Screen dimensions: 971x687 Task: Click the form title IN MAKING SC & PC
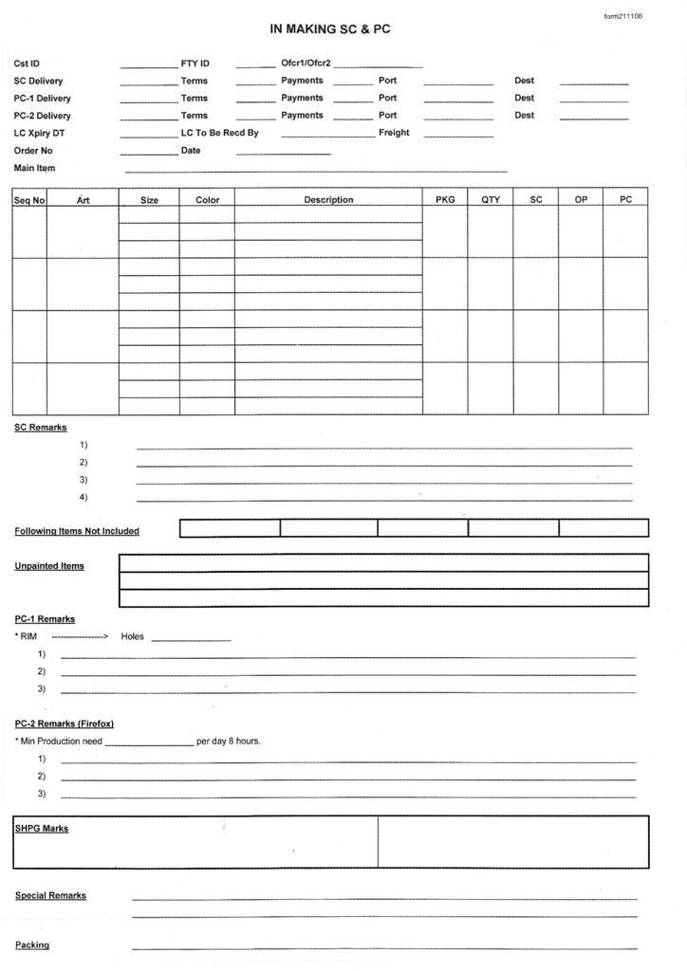[x=330, y=29]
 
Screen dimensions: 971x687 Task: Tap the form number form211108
[x=623, y=16]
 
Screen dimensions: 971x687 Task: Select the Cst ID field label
[x=28, y=64]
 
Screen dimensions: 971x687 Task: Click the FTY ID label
[x=195, y=64]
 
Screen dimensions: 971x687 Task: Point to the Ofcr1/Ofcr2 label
[x=306, y=64]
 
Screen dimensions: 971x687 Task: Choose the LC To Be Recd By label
[x=219, y=133]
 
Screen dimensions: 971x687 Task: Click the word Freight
[x=394, y=133]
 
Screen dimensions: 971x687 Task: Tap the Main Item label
[x=34, y=169]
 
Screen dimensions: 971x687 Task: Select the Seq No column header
[x=29, y=201]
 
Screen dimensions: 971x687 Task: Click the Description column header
[x=328, y=200]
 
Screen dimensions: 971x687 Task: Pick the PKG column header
[x=445, y=200]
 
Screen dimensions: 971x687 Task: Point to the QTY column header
[x=491, y=200]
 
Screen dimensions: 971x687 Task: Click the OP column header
[x=581, y=200]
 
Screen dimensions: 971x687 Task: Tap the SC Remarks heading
[x=41, y=427]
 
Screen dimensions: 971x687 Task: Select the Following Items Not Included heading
[x=77, y=531]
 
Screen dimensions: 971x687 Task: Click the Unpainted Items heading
[x=49, y=566]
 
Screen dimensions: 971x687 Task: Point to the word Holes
[x=133, y=636]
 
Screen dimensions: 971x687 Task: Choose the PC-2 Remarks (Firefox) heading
[x=65, y=724]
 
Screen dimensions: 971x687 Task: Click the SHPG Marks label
[x=42, y=829]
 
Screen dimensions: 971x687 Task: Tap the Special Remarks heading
[x=50, y=895]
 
